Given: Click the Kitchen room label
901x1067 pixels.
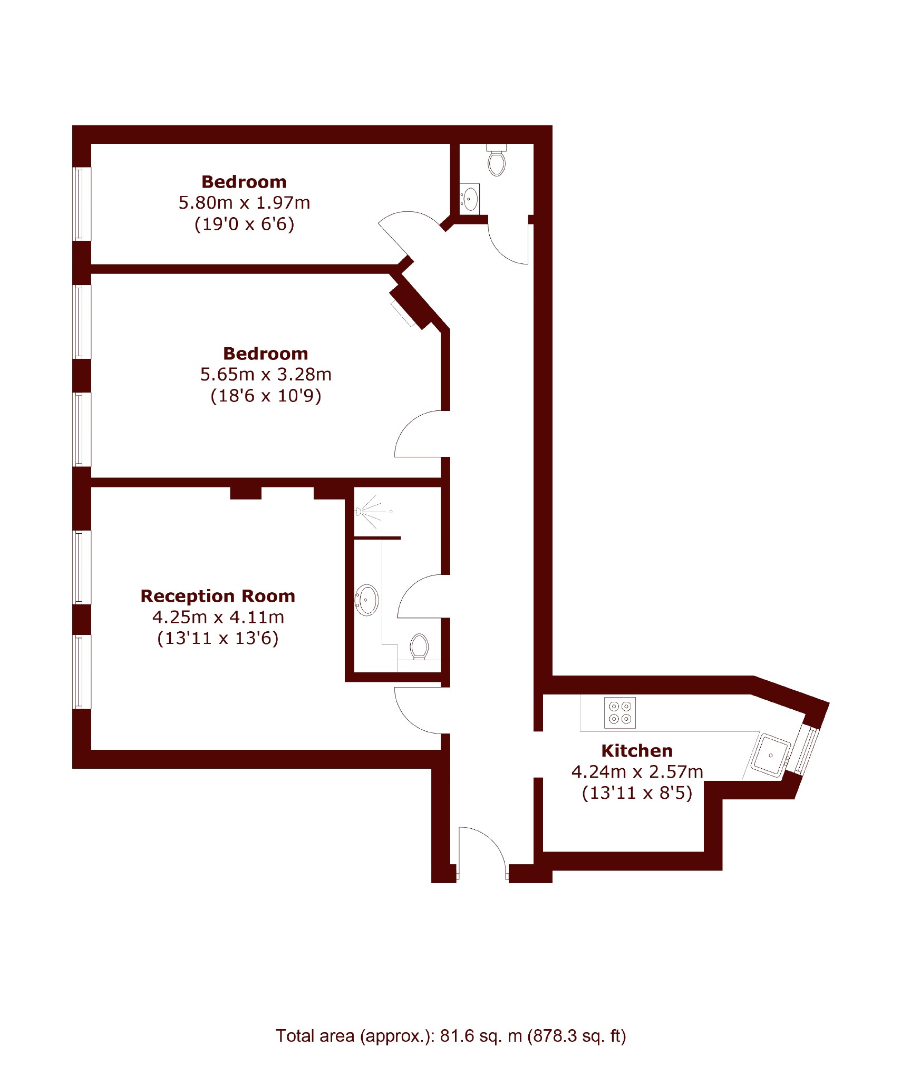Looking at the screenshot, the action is [636, 750].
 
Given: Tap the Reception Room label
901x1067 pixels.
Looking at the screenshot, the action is [217, 596].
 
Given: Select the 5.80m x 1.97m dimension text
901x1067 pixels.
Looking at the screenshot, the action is [244, 203].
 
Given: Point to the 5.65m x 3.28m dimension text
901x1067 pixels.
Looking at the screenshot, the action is [266, 375].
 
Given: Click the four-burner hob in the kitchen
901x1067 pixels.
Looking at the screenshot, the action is [619, 713].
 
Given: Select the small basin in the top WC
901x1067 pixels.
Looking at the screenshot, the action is [470, 199].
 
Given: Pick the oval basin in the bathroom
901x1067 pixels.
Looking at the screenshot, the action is [367, 600].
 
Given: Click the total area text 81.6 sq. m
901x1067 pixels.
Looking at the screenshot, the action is [481, 1036].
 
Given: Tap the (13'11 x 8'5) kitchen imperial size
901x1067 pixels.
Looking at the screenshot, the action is [637, 793].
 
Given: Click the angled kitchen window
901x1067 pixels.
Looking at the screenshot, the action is [806, 750].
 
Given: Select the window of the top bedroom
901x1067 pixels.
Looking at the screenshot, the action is [82, 204].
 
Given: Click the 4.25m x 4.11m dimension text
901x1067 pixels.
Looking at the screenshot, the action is [218, 617].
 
